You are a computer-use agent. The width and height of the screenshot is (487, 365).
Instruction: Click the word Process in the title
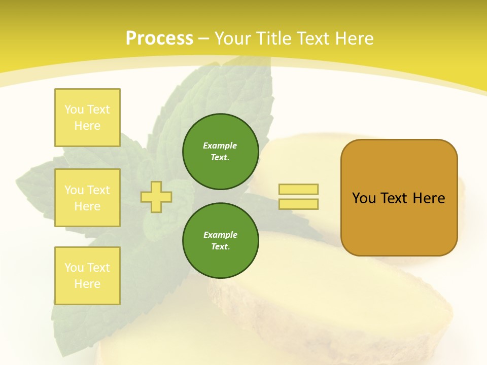[159, 39]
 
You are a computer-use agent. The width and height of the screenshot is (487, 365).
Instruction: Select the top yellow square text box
[87, 118]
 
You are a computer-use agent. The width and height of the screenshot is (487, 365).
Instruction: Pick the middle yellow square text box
[87, 198]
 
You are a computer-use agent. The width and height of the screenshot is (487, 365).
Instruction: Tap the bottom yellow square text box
[87, 276]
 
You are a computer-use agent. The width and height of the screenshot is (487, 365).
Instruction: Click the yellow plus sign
[156, 197]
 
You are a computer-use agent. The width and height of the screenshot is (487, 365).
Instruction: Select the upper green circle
[220, 152]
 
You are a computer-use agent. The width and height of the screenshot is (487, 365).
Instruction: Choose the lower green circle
[220, 241]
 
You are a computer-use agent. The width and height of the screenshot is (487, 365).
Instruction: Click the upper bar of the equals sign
[299, 189]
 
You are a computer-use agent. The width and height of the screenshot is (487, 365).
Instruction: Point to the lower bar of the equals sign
[299, 204]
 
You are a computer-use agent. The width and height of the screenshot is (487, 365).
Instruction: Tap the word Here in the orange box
[429, 198]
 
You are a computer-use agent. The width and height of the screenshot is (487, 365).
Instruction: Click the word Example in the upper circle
[220, 145]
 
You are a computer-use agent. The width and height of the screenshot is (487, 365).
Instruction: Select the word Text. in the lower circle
[220, 247]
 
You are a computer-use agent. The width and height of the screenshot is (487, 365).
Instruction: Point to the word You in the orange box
[364, 198]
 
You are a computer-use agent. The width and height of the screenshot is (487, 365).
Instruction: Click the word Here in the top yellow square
[87, 126]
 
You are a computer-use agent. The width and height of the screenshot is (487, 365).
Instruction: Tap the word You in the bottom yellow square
[74, 268]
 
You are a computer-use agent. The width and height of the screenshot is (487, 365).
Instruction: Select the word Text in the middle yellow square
[98, 190]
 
